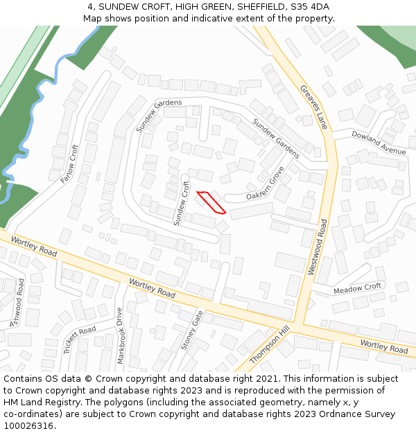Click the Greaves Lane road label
313,107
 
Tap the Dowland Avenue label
378,141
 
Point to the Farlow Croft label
70,164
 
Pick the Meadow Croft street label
358,288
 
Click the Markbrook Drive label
121,335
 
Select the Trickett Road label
80,339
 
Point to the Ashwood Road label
17,302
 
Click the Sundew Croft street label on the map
181,203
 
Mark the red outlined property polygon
211,202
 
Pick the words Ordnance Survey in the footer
359,414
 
